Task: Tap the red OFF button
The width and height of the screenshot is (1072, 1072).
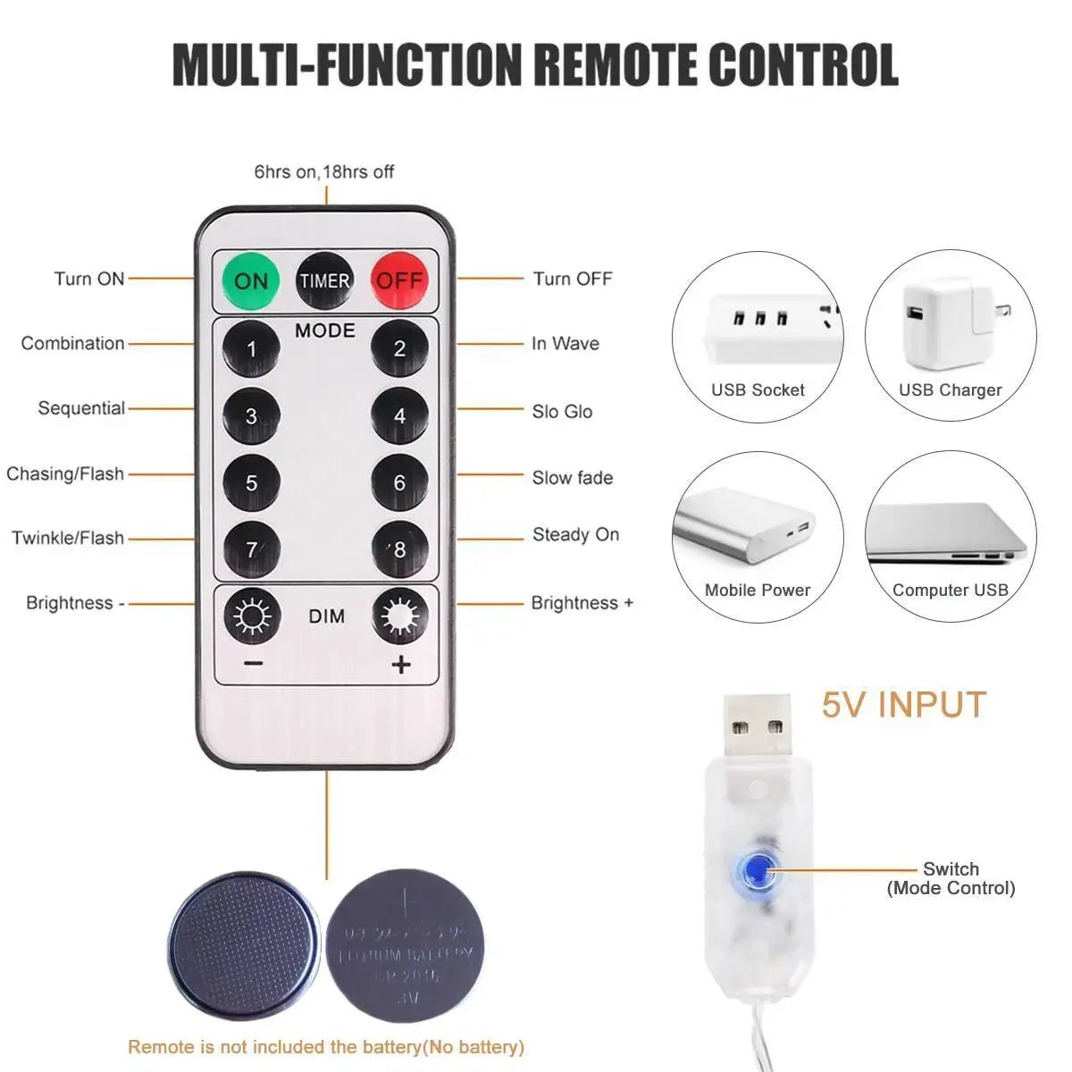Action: click(x=399, y=281)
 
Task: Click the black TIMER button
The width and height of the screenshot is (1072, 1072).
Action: click(x=324, y=281)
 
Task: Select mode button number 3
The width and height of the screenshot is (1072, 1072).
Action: click(x=251, y=415)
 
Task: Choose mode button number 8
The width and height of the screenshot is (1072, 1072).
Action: click(x=399, y=549)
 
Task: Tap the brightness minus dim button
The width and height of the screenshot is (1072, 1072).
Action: click(x=252, y=616)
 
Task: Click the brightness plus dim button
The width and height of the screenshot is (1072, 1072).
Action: click(x=399, y=616)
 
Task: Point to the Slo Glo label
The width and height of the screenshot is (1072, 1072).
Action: click(x=562, y=412)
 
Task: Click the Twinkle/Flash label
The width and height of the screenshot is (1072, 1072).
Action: click(x=68, y=538)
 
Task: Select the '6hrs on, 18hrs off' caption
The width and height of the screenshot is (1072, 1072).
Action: click(x=323, y=172)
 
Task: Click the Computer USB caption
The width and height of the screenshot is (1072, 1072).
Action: click(x=950, y=590)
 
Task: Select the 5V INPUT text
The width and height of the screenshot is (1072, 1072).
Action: click(x=903, y=705)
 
